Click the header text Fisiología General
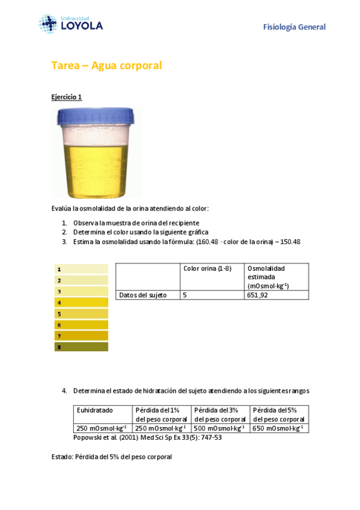[294, 27]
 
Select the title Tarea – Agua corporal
[106, 66]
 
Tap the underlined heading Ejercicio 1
[66, 97]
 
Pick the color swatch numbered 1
[81, 269]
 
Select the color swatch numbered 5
[81, 314]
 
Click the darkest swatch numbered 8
[81, 347]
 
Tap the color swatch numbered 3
[81, 292]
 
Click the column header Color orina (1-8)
[207, 268]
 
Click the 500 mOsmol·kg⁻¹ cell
[220, 428]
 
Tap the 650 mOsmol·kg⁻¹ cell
[279, 428]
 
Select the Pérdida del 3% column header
[220, 414]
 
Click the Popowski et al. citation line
[147, 437]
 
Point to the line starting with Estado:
[112, 457]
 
